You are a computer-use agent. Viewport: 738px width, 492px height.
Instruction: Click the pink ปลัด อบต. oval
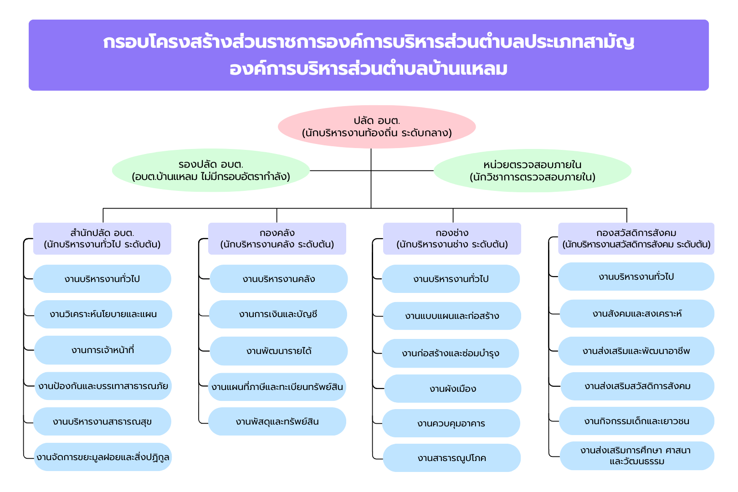[377, 127]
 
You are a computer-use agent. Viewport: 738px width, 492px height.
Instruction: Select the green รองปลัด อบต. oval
[211, 170]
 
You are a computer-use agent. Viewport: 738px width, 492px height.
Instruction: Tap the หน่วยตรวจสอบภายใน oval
[533, 171]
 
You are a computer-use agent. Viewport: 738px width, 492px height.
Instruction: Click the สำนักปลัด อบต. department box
[102, 239]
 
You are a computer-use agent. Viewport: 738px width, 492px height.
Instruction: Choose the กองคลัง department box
[277, 239]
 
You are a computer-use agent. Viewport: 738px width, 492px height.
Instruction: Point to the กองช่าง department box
[452, 239]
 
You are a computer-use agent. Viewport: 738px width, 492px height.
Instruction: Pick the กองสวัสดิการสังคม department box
[636, 239]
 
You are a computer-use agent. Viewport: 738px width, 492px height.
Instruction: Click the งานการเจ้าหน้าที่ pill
[103, 350]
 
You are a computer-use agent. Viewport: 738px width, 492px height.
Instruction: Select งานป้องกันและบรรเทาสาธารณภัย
[103, 386]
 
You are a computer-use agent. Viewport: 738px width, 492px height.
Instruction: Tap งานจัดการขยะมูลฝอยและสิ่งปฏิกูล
[103, 457]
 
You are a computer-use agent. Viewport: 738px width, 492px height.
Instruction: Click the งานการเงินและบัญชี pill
[278, 314]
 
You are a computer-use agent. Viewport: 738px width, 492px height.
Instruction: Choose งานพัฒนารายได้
[279, 351]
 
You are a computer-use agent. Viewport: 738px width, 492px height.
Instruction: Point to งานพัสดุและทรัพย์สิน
[277, 421]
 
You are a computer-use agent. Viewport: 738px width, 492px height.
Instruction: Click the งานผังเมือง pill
[453, 389]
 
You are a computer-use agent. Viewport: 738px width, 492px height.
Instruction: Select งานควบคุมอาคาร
[451, 423]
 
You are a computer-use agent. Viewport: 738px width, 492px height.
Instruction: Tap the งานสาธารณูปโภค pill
[452, 458]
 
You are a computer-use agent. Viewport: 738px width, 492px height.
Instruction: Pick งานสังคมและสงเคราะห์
[637, 313]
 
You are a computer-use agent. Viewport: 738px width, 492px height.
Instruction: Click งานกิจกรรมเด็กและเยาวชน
[636, 421]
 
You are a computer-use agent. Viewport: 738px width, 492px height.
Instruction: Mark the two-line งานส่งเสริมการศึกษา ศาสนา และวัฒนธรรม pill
[637, 456]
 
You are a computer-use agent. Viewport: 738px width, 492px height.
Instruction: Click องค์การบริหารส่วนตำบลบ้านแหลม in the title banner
[369, 69]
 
